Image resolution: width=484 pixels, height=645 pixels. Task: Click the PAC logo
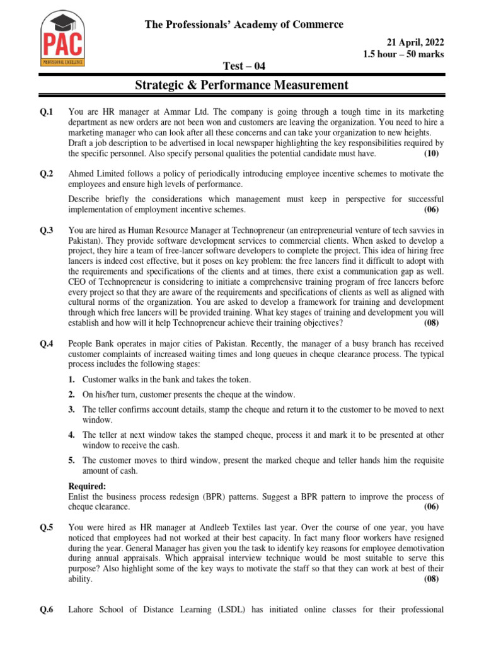click(62, 40)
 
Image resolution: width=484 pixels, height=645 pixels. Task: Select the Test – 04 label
click(241, 66)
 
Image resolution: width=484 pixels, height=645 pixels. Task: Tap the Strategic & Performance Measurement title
click(241, 85)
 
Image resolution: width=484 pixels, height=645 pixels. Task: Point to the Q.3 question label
click(47, 231)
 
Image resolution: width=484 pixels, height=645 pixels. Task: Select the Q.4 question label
click(47, 344)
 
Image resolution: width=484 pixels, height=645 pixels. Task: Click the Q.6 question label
click(47, 609)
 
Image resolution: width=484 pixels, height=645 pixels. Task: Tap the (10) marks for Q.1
click(431, 154)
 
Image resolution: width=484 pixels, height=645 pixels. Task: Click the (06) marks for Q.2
click(431, 210)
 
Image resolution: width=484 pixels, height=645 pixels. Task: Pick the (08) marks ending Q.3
click(431, 323)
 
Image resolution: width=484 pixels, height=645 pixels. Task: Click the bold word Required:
click(87, 486)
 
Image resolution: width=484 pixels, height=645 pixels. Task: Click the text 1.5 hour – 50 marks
click(403, 54)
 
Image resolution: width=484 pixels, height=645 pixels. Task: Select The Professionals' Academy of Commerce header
click(245, 25)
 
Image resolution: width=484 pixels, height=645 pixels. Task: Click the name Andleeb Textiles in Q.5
click(234, 527)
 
